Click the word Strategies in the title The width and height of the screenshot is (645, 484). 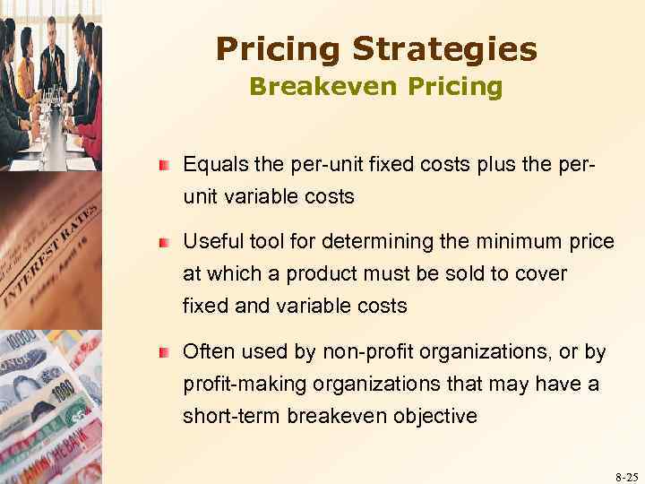tap(444, 50)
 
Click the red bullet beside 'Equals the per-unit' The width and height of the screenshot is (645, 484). tap(165, 166)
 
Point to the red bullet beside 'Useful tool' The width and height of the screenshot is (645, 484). tap(165, 242)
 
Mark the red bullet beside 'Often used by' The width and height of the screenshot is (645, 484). tap(165, 353)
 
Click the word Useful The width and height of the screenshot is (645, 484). tap(210, 241)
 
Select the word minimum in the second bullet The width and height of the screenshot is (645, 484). tap(527, 241)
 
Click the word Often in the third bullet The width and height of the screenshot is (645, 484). tap(206, 352)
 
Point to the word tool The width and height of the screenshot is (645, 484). tap(257, 241)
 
